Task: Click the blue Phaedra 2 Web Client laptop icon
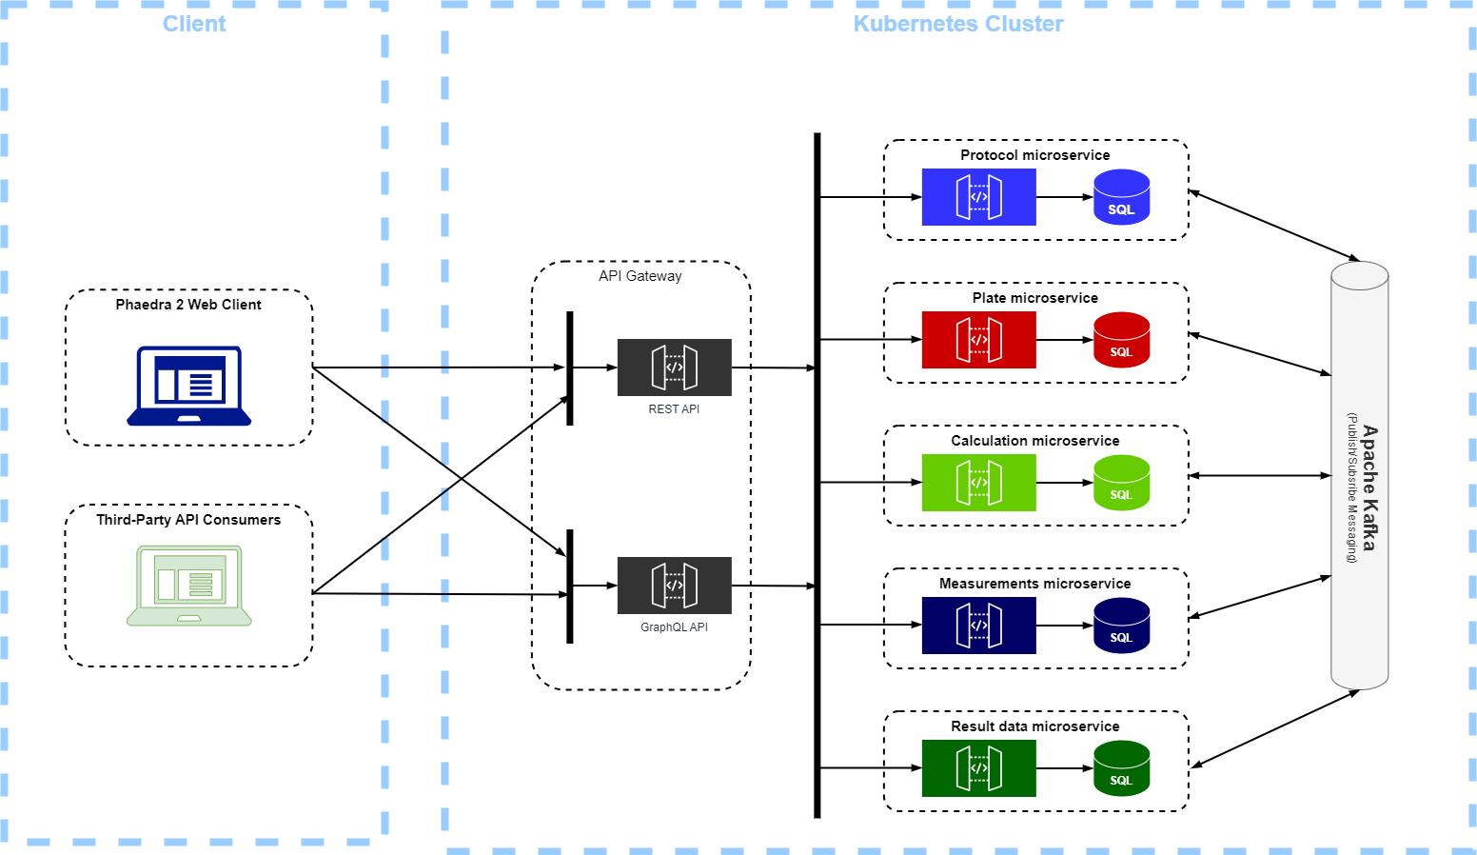(x=188, y=386)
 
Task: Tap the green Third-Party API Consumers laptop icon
(x=188, y=586)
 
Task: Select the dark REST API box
(x=674, y=368)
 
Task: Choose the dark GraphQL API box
(x=674, y=586)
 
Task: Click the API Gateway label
(x=640, y=276)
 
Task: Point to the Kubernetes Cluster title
(x=957, y=24)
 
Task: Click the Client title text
(x=194, y=24)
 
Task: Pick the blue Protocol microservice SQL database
(x=1121, y=197)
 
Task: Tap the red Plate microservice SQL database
(x=1121, y=340)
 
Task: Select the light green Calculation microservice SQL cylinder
(x=1121, y=483)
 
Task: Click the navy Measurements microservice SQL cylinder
(x=1121, y=626)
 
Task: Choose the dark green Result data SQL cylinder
(x=1121, y=768)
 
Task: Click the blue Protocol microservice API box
(x=978, y=197)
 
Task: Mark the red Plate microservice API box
(x=978, y=340)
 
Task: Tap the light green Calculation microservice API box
(x=978, y=483)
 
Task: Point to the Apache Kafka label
(x=1369, y=487)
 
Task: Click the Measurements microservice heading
(x=1034, y=584)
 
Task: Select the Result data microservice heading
(x=1034, y=726)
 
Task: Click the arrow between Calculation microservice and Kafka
(x=1259, y=476)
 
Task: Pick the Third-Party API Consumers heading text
(x=188, y=520)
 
